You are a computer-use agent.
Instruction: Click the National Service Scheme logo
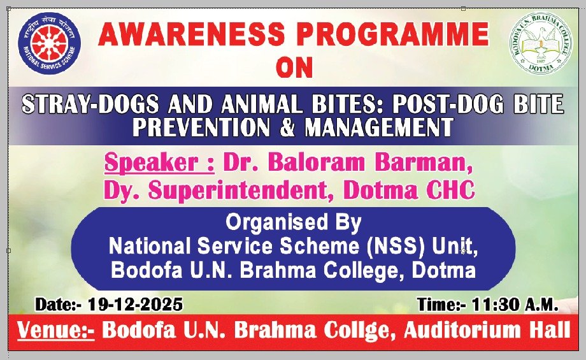coord(49,43)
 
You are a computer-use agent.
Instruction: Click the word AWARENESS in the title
coord(191,34)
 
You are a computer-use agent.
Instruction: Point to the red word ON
coord(294,68)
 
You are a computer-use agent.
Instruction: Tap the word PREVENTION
coord(201,127)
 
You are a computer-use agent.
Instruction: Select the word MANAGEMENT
coord(379,127)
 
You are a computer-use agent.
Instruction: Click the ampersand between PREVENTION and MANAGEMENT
coord(287,127)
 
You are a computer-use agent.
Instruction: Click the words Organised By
coord(294,223)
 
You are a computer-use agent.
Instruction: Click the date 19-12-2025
coord(135,305)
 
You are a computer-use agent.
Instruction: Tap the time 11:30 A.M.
coord(515,305)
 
